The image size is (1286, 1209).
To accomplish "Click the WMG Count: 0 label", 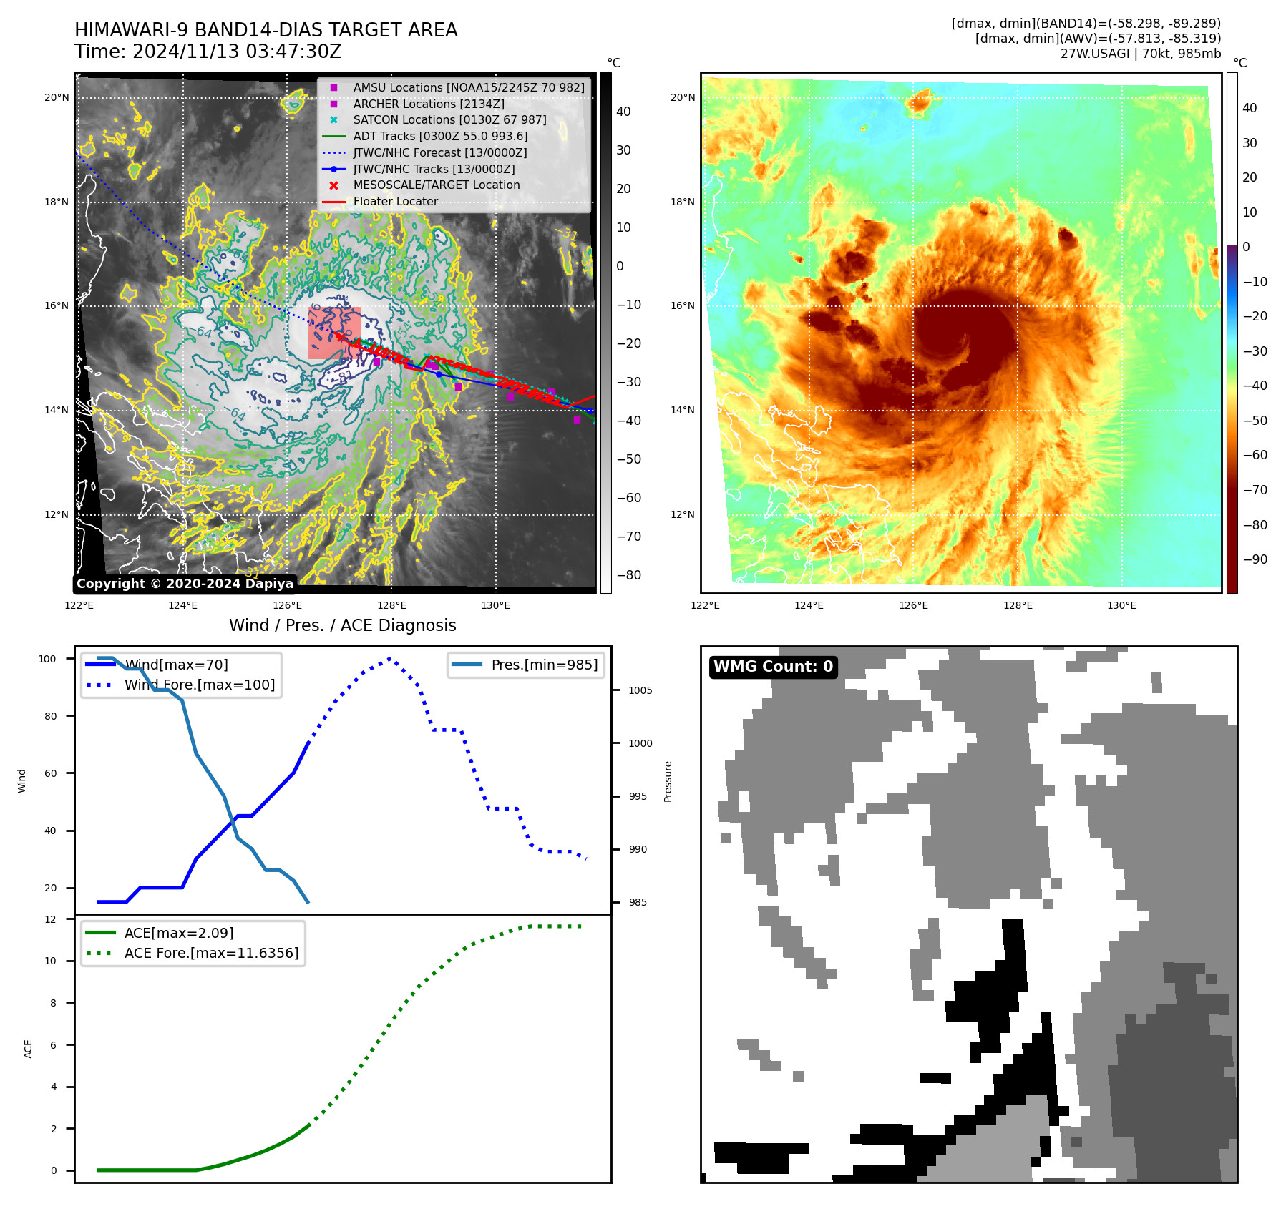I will coord(773,667).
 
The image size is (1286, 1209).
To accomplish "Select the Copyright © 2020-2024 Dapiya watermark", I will coord(185,584).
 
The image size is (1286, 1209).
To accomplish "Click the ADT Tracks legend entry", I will coord(440,136).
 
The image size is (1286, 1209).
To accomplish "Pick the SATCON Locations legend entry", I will coord(449,119).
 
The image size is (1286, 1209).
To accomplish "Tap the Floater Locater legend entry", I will coord(395,201).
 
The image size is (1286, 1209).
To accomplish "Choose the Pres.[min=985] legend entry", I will coord(544,665).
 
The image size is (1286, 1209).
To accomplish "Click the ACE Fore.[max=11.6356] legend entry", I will coord(211,953).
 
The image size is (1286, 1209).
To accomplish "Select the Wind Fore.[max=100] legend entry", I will coord(199,685).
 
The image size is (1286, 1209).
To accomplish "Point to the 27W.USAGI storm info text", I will coord(1140,54).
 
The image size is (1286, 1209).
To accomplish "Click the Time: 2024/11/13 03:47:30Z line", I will coord(208,52).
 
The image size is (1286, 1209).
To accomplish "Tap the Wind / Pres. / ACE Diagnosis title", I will coord(342,625).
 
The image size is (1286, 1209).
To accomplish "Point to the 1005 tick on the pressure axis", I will coord(640,690).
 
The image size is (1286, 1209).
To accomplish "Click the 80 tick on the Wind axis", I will coord(50,716).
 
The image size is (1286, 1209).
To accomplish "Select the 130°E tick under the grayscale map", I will coord(495,605).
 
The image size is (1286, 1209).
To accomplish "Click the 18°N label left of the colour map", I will coord(683,202).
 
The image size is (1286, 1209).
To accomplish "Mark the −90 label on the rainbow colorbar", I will coord(1255,559).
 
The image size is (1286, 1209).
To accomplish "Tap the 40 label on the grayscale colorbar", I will coord(623,112).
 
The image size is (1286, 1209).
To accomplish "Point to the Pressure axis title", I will coord(668,781).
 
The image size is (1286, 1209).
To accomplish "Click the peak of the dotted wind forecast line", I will coord(389,658).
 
